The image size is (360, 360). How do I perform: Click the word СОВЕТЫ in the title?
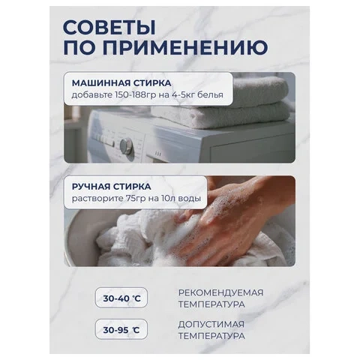coord(109,27)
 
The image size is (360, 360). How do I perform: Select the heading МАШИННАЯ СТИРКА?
coord(121,83)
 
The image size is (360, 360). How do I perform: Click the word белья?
coord(210,95)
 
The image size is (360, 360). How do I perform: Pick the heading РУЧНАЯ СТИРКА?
coord(112,187)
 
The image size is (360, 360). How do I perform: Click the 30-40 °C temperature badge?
coord(121,298)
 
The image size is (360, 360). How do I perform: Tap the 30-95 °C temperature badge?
coord(121,329)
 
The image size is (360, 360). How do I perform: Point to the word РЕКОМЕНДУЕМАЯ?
coord(220,292)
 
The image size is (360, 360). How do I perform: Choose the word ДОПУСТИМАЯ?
coord(211,325)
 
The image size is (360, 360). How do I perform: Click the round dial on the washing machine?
coord(126,146)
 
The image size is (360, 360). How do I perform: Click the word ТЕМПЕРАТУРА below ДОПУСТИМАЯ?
coord(211,336)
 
